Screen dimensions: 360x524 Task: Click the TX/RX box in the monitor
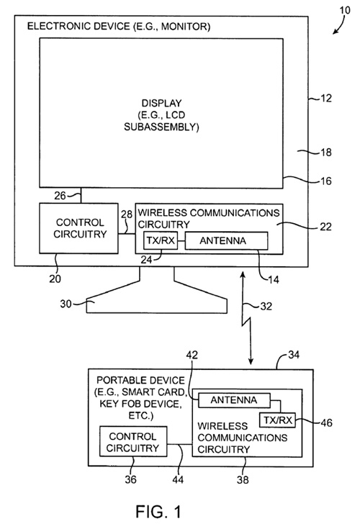click(161, 240)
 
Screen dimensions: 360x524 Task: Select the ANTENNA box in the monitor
click(226, 240)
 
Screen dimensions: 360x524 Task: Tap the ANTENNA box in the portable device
click(234, 400)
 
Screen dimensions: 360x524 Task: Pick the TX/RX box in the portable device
click(277, 420)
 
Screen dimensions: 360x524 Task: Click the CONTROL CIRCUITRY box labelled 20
click(79, 228)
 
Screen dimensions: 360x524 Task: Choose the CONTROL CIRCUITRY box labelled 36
click(133, 441)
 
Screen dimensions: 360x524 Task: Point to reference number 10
click(345, 10)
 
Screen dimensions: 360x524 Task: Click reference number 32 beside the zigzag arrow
click(266, 306)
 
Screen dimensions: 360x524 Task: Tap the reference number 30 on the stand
click(66, 304)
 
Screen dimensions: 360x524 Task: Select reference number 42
click(192, 355)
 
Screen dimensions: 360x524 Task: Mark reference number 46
click(326, 423)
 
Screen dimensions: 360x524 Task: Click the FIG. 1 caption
click(158, 511)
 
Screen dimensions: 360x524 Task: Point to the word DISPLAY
click(161, 103)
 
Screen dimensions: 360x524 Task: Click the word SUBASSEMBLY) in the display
click(161, 127)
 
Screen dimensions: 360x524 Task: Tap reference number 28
click(127, 214)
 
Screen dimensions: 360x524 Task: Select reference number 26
click(60, 196)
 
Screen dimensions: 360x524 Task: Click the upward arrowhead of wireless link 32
click(243, 275)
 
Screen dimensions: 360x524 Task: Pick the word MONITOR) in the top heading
click(186, 26)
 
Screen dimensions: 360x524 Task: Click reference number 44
click(178, 479)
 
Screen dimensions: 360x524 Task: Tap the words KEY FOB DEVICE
click(140, 404)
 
